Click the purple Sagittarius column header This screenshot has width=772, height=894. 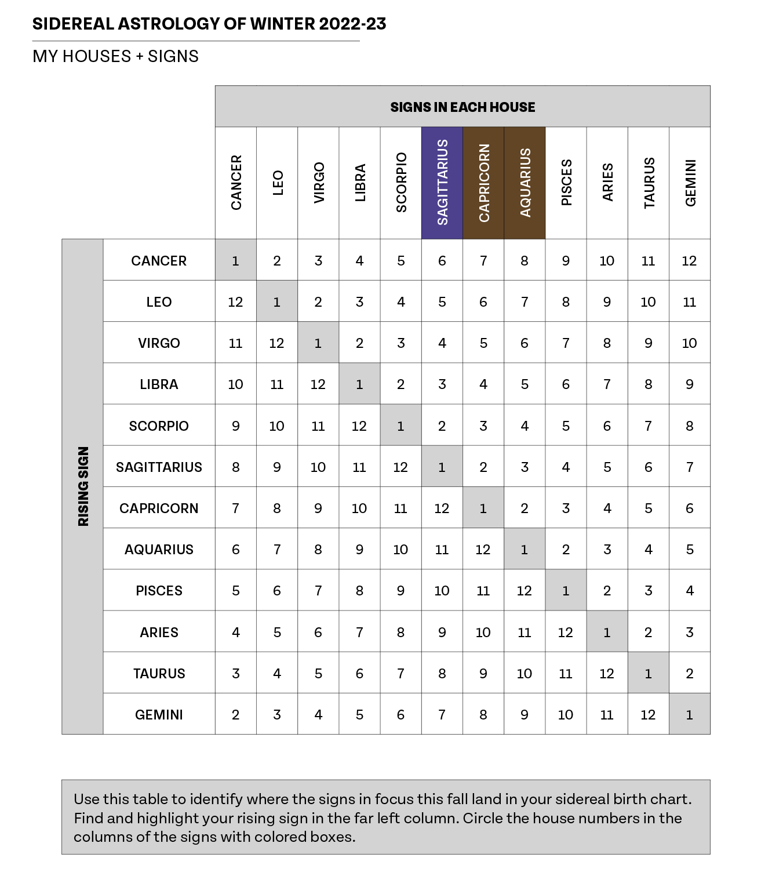[442, 183]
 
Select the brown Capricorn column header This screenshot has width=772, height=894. [483, 183]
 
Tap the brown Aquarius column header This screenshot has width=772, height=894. [525, 183]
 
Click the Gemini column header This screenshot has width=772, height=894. [690, 183]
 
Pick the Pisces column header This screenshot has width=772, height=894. [566, 183]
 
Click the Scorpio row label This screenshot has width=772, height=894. [159, 426]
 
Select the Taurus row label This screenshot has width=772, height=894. [159, 673]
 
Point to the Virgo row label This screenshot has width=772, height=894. [159, 343]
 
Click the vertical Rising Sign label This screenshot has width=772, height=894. [83, 486]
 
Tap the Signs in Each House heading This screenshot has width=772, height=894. [463, 107]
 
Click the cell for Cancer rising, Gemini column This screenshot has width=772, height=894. [689, 260]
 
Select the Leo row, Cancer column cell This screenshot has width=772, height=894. [235, 301]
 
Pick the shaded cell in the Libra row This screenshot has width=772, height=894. [359, 384]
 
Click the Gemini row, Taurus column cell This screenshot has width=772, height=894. [648, 714]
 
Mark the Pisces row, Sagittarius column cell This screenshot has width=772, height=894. [442, 590]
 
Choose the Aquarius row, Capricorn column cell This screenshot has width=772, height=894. [483, 549]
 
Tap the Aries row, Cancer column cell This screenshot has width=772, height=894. [235, 632]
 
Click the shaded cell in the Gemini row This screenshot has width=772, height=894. [689, 714]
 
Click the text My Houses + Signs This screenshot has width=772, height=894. [115, 56]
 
